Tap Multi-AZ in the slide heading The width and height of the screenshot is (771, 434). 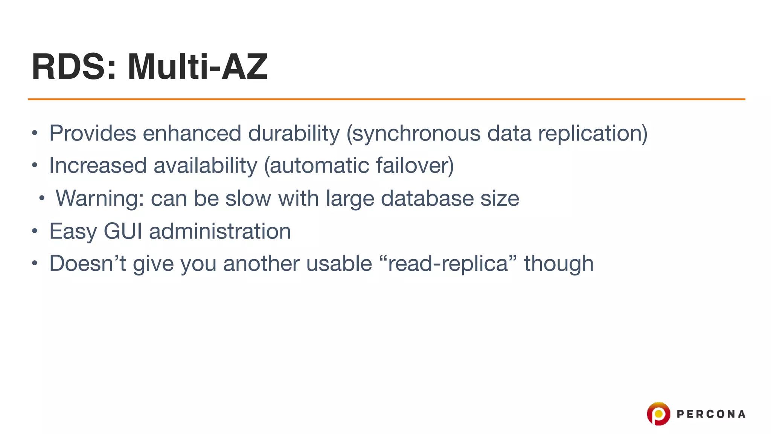198,67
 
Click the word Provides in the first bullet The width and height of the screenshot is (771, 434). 93,133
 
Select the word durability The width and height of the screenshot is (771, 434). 294,133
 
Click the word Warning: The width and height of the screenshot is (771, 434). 100,199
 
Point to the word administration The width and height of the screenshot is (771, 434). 220,231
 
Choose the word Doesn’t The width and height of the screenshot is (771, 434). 88,263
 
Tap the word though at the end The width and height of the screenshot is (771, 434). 559,264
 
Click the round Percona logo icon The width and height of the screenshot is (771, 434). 658,414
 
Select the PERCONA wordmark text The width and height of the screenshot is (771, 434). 711,414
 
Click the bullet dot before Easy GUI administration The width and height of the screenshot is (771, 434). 35,231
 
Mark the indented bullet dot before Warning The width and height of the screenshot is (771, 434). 42,198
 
